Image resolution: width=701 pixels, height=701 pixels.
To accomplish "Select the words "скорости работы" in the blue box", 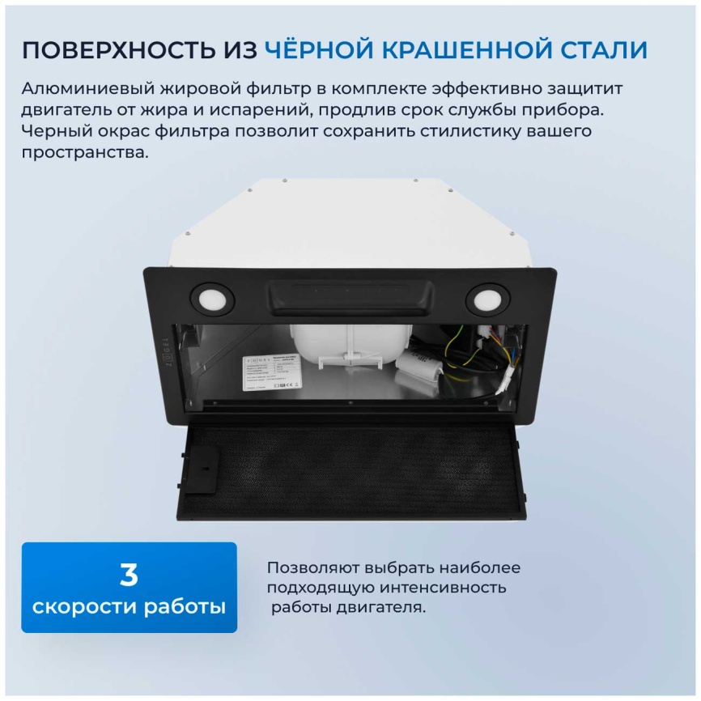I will pos(129,606).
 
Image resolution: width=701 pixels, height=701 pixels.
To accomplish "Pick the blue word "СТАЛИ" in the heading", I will pos(602,50).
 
